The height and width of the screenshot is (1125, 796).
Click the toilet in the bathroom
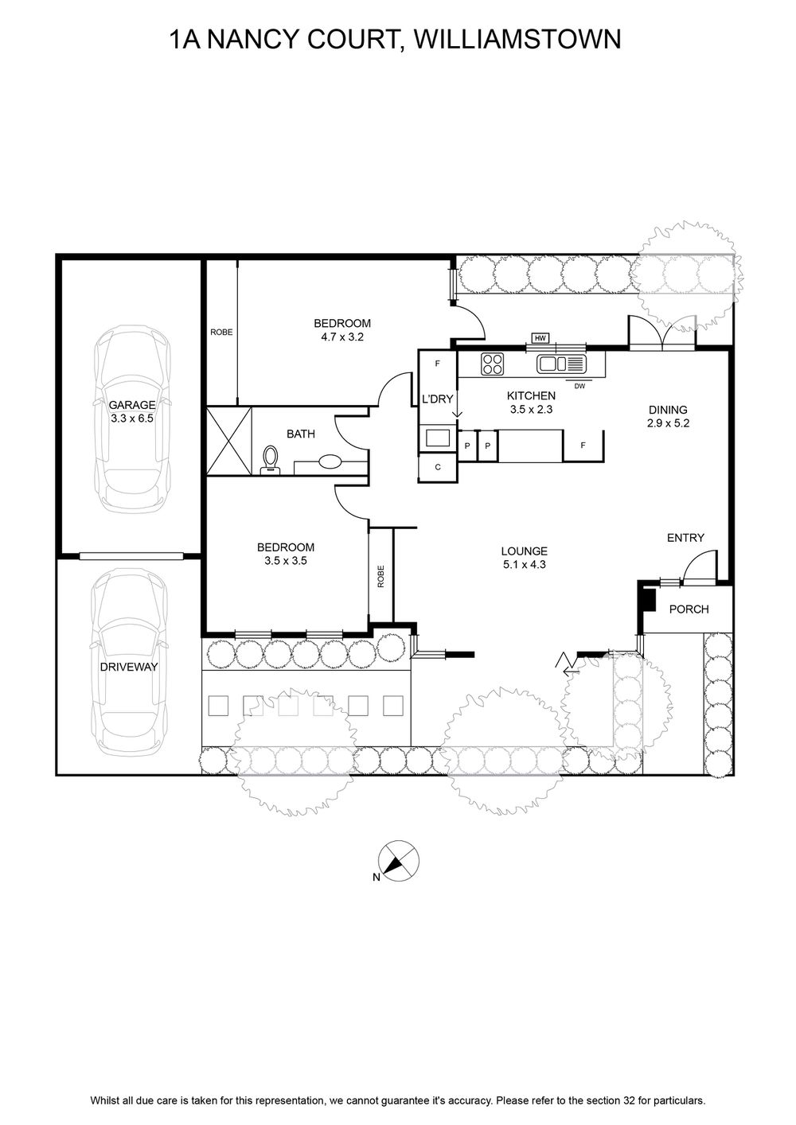click(271, 458)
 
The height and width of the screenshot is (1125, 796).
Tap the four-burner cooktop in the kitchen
click(493, 364)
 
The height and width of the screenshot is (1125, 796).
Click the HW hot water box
click(540, 338)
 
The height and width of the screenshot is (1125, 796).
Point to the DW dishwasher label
click(579, 386)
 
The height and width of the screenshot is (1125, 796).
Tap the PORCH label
click(689, 609)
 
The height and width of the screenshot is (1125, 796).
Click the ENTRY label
click(685, 538)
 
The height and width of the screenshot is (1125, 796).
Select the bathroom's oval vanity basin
click(330, 461)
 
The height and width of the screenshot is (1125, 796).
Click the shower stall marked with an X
click(229, 441)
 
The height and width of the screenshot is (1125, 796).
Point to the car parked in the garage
click(131, 419)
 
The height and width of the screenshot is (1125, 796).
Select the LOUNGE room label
click(524, 551)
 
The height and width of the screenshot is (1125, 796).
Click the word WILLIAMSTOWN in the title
click(518, 40)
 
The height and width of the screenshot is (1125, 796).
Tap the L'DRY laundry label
click(438, 399)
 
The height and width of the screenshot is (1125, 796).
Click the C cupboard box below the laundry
click(438, 468)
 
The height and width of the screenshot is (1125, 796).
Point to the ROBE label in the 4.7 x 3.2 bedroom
click(221, 332)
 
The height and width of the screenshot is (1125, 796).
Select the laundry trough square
click(438, 438)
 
